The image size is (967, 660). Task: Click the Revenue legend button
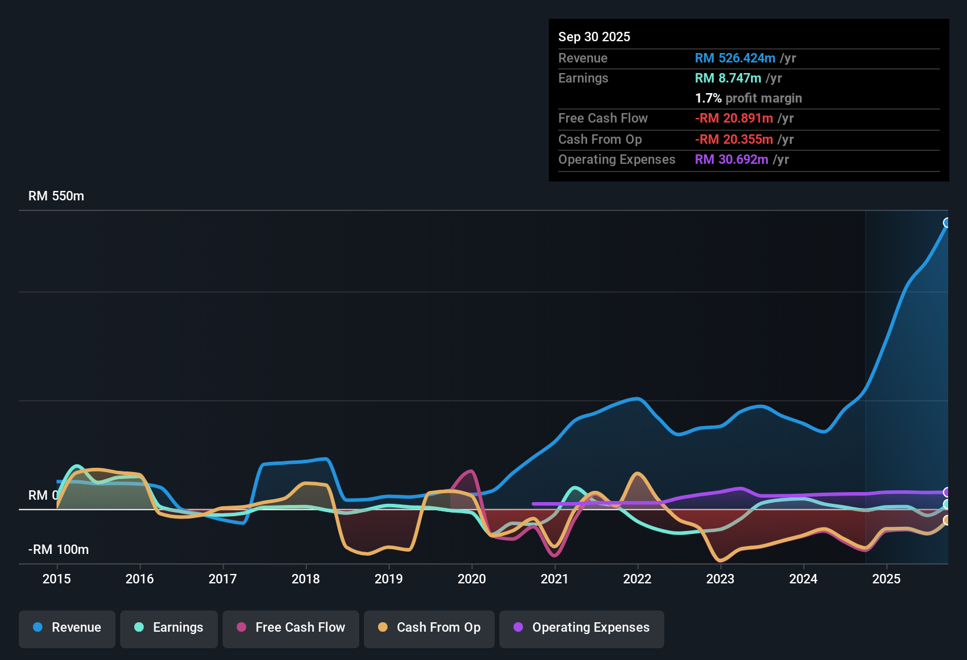pos(67,628)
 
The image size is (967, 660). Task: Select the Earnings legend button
pos(169,628)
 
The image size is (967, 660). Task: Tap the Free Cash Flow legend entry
pos(291,628)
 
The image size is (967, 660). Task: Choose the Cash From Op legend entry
pos(429,628)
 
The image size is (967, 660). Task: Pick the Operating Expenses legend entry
pos(582,628)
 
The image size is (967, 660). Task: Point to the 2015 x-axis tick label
pos(57,579)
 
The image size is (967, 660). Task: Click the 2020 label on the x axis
pos(472,579)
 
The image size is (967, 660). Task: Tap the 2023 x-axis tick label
pos(720,579)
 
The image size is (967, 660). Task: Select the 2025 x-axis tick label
pos(886,579)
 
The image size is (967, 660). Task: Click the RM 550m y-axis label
pos(57,196)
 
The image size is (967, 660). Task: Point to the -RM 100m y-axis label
pos(59,550)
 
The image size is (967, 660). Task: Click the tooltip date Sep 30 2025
pos(594,37)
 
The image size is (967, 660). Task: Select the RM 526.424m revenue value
pos(735,58)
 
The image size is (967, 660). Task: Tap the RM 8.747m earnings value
pos(728,78)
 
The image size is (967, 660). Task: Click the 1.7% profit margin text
pos(749,98)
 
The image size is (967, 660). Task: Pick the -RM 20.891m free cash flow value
pos(734,118)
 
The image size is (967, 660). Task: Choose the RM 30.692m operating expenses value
pos(731,160)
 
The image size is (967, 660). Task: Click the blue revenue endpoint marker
pos(947,223)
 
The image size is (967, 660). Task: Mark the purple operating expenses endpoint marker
pos(947,492)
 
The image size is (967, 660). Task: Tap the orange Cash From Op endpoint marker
pos(947,520)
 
